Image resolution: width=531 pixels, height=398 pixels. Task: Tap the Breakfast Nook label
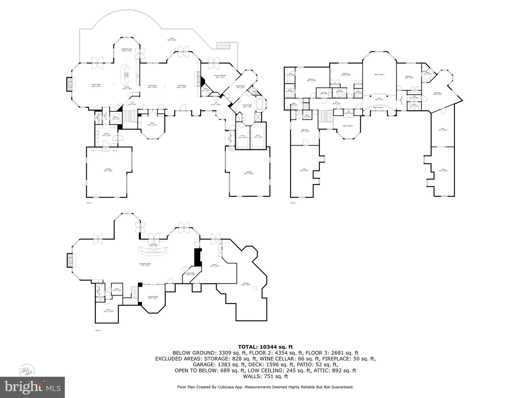click(127, 50)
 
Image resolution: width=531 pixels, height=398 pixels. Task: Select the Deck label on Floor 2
click(172, 39)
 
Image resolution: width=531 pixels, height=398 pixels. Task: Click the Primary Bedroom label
click(220, 76)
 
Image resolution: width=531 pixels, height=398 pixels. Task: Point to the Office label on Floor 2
click(152, 124)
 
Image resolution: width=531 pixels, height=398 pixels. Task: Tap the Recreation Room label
click(145, 265)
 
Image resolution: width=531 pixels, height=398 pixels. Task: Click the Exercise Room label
click(153, 297)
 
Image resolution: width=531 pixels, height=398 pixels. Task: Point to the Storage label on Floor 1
click(246, 284)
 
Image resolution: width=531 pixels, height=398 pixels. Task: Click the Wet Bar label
click(153, 245)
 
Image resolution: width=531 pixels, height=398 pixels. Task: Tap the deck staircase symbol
click(222, 46)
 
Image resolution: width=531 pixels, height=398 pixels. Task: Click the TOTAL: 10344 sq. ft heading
click(265, 347)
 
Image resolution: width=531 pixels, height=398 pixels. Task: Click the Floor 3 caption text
click(293, 203)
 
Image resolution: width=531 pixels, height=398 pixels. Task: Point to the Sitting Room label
click(240, 87)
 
